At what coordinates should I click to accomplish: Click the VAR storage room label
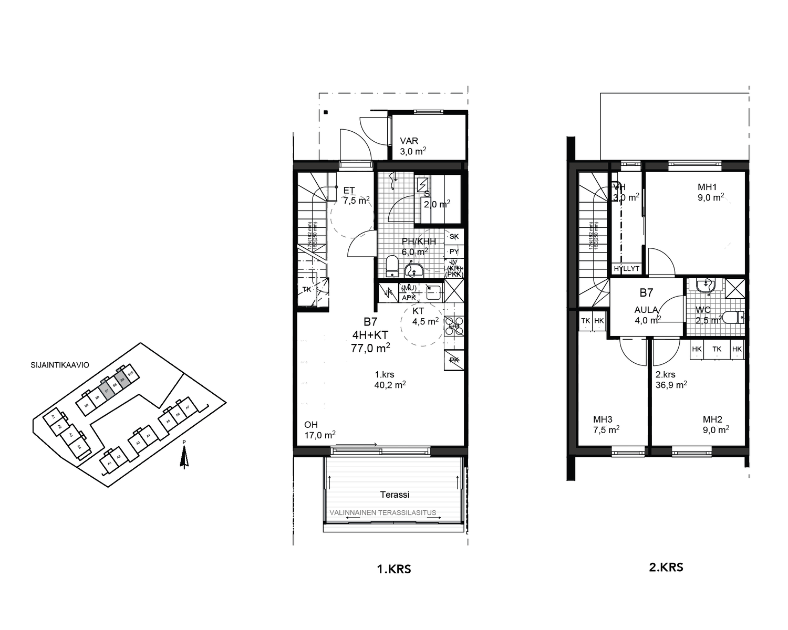(x=409, y=141)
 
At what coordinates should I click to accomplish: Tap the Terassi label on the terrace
(x=395, y=495)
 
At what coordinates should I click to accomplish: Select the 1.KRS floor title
(x=394, y=569)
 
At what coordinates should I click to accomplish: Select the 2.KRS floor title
(x=666, y=567)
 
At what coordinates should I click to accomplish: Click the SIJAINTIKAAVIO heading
(x=60, y=365)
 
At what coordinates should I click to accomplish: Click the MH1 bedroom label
(x=707, y=187)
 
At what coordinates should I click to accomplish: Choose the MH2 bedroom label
(x=712, y=419)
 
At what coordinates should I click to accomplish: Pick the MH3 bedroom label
(x=603, y=419)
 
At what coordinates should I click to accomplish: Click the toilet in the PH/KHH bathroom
(x=391, y=265)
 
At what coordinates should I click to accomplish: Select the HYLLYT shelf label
(x=627, y=268)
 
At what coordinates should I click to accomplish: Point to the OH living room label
(x=311, y=425)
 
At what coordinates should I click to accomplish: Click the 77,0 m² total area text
(x=370, y=348)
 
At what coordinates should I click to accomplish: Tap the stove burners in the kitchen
(x=454, y=326)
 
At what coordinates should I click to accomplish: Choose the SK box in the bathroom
(x=454, y=237)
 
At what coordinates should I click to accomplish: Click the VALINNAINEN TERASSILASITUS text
(x=382, y=512)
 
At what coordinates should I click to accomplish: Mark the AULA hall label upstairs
(x=646, y=310)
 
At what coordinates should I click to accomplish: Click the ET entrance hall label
(x=349, y=191)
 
